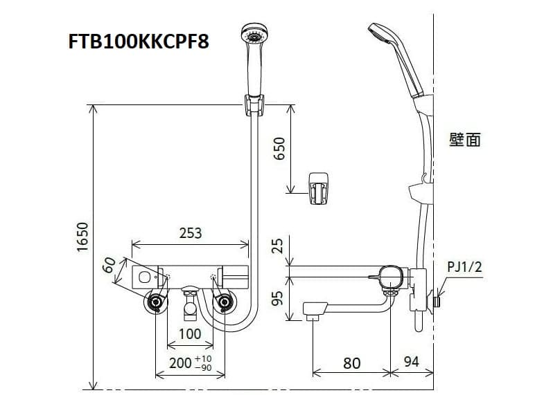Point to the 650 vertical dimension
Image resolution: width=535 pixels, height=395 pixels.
(x=279, y=148)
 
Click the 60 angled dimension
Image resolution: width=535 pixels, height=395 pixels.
(x=110, y=266)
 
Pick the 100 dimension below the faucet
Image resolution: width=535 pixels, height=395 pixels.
(x=189, y=333)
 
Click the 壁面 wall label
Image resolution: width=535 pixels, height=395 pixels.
(x=464, y=140)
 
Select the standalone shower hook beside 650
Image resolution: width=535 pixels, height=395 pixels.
(x=319, y=186)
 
